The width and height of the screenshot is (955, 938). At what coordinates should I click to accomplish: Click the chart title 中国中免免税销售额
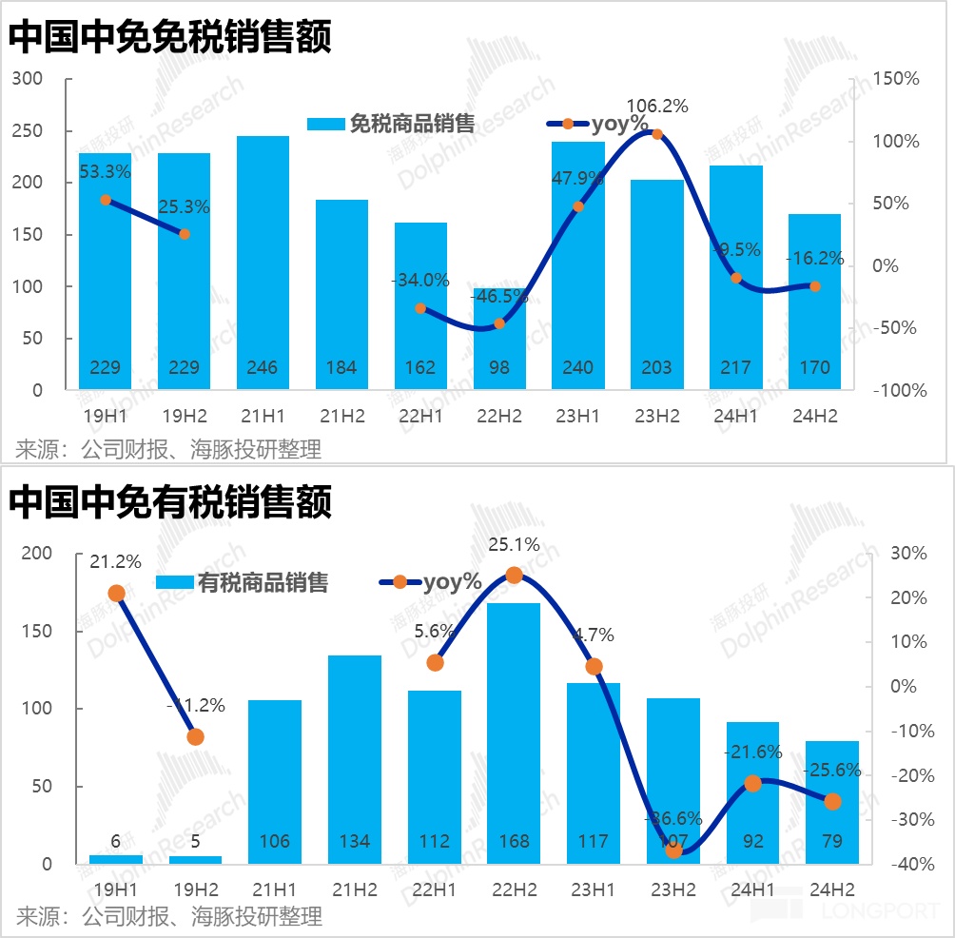coord(171,38)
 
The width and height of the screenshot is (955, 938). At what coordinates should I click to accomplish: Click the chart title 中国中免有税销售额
coord(171,501)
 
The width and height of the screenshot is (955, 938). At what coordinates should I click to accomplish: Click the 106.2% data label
coord(657,106)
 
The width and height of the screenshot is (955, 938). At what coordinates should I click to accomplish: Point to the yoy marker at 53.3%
coord(106,200)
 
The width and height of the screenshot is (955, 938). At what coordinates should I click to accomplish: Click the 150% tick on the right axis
coord(896,79)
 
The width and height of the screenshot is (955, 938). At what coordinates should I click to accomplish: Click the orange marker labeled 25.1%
coord(514,575)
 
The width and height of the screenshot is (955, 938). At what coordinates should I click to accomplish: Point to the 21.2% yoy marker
coord(117,594)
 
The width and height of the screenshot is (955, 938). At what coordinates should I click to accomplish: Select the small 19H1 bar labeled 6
coord(116,859)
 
